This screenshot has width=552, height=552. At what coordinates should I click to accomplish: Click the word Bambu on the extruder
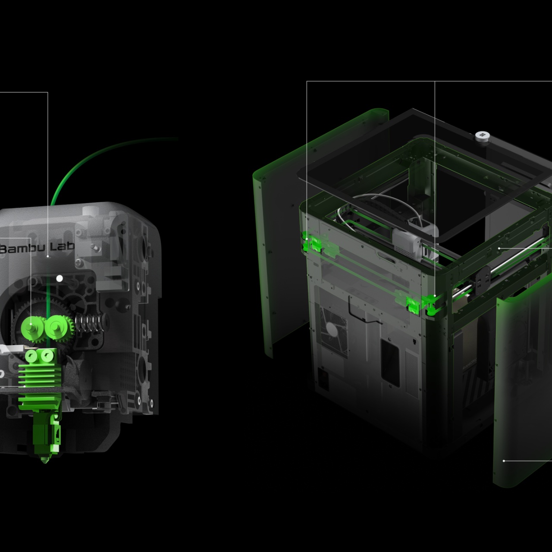[22, 249]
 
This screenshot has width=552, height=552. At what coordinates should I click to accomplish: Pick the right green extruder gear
[56, 328]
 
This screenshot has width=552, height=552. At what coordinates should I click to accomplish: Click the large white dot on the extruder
[60, 278]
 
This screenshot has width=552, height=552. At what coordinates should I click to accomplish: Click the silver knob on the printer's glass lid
[483, 137]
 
